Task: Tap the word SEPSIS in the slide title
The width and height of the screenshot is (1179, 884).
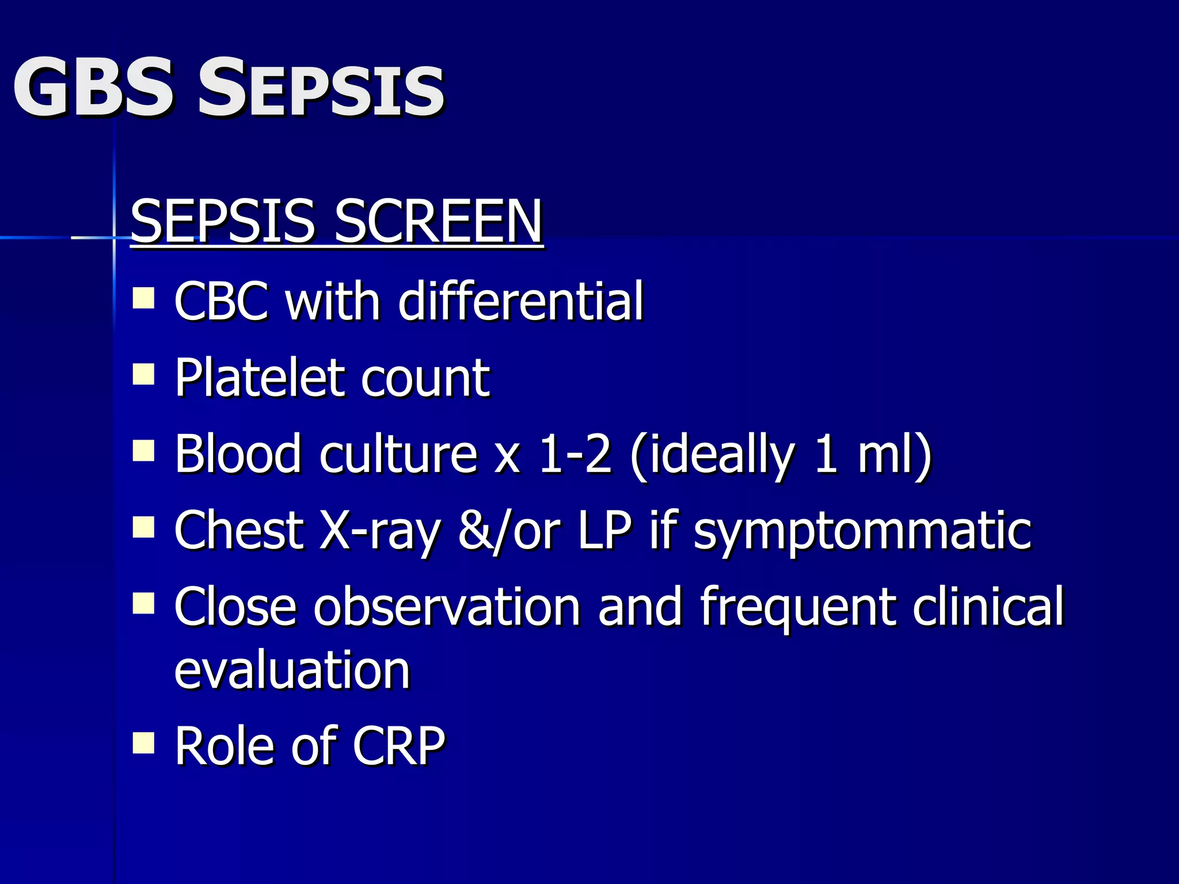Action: pos(321,87)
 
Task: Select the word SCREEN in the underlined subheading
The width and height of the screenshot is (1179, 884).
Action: pos(438,222)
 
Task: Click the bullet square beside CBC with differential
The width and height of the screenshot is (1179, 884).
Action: pos(143,299)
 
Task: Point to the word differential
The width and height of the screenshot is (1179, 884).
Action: pos(520,301)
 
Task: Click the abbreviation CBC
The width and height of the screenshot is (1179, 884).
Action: pos(221,301)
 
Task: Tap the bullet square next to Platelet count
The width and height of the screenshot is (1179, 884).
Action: pos(143,375)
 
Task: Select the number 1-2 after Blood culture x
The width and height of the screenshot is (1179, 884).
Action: pos(575,455)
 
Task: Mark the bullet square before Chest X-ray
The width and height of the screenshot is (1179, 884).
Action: pos(143,527)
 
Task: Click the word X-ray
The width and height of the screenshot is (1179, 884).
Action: pos(380,531)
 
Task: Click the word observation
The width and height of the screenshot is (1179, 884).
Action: pos(447,607)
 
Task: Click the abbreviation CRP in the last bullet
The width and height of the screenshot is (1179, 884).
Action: pos(398,746)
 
